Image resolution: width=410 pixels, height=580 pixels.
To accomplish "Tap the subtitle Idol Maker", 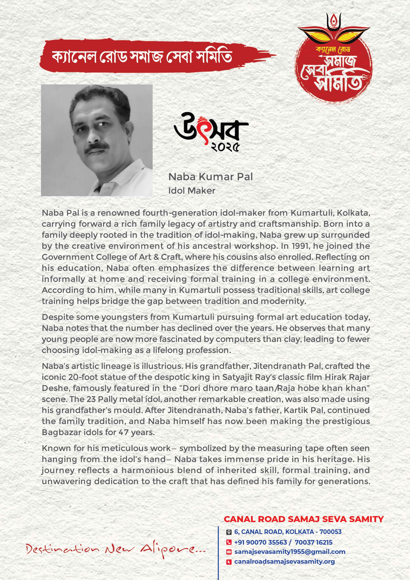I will coord(192,191).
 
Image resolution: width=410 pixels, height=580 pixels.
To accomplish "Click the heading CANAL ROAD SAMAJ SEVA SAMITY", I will coord(304,519).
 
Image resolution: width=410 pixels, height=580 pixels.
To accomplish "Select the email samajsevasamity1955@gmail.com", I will coord(290,552).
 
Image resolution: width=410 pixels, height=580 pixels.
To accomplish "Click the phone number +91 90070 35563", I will coord(261,542).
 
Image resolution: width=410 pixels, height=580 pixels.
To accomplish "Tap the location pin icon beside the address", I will coord(229,532).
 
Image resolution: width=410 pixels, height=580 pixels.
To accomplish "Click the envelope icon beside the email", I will coord(229,552).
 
